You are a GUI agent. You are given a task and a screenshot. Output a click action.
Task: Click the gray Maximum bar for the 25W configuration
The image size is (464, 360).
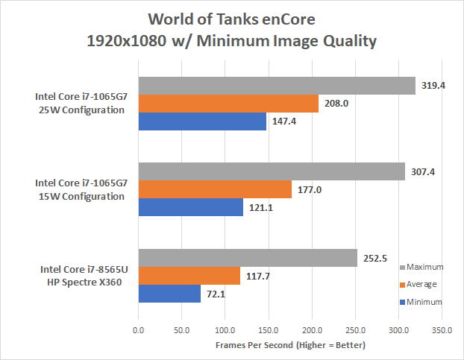(277, 86)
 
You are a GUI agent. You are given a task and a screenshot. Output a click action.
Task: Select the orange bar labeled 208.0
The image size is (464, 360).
(228, 104)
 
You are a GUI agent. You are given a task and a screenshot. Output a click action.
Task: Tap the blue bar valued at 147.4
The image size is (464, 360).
(202, 121)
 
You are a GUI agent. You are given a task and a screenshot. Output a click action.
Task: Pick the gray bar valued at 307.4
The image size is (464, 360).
(272, 172)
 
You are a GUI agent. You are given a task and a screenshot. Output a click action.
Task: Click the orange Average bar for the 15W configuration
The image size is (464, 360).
(215, 190)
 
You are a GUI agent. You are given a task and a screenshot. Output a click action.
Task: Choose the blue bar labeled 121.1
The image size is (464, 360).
(191, 207)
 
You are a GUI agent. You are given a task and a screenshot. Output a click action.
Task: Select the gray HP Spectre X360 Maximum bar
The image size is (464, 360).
(248, 259)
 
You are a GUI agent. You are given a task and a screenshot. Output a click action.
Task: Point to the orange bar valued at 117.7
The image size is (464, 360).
(189, 277)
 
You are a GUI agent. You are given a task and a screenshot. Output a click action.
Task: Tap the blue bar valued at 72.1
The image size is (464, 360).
(169, 294)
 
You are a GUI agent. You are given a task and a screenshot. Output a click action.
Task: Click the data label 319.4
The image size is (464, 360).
(433, 86)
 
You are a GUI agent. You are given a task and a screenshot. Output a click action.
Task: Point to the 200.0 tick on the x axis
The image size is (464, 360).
(312, 328)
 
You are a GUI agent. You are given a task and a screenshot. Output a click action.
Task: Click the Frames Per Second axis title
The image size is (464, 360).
(291, 345)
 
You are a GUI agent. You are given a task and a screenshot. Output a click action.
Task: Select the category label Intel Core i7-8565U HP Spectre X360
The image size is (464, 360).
(80, 275)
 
